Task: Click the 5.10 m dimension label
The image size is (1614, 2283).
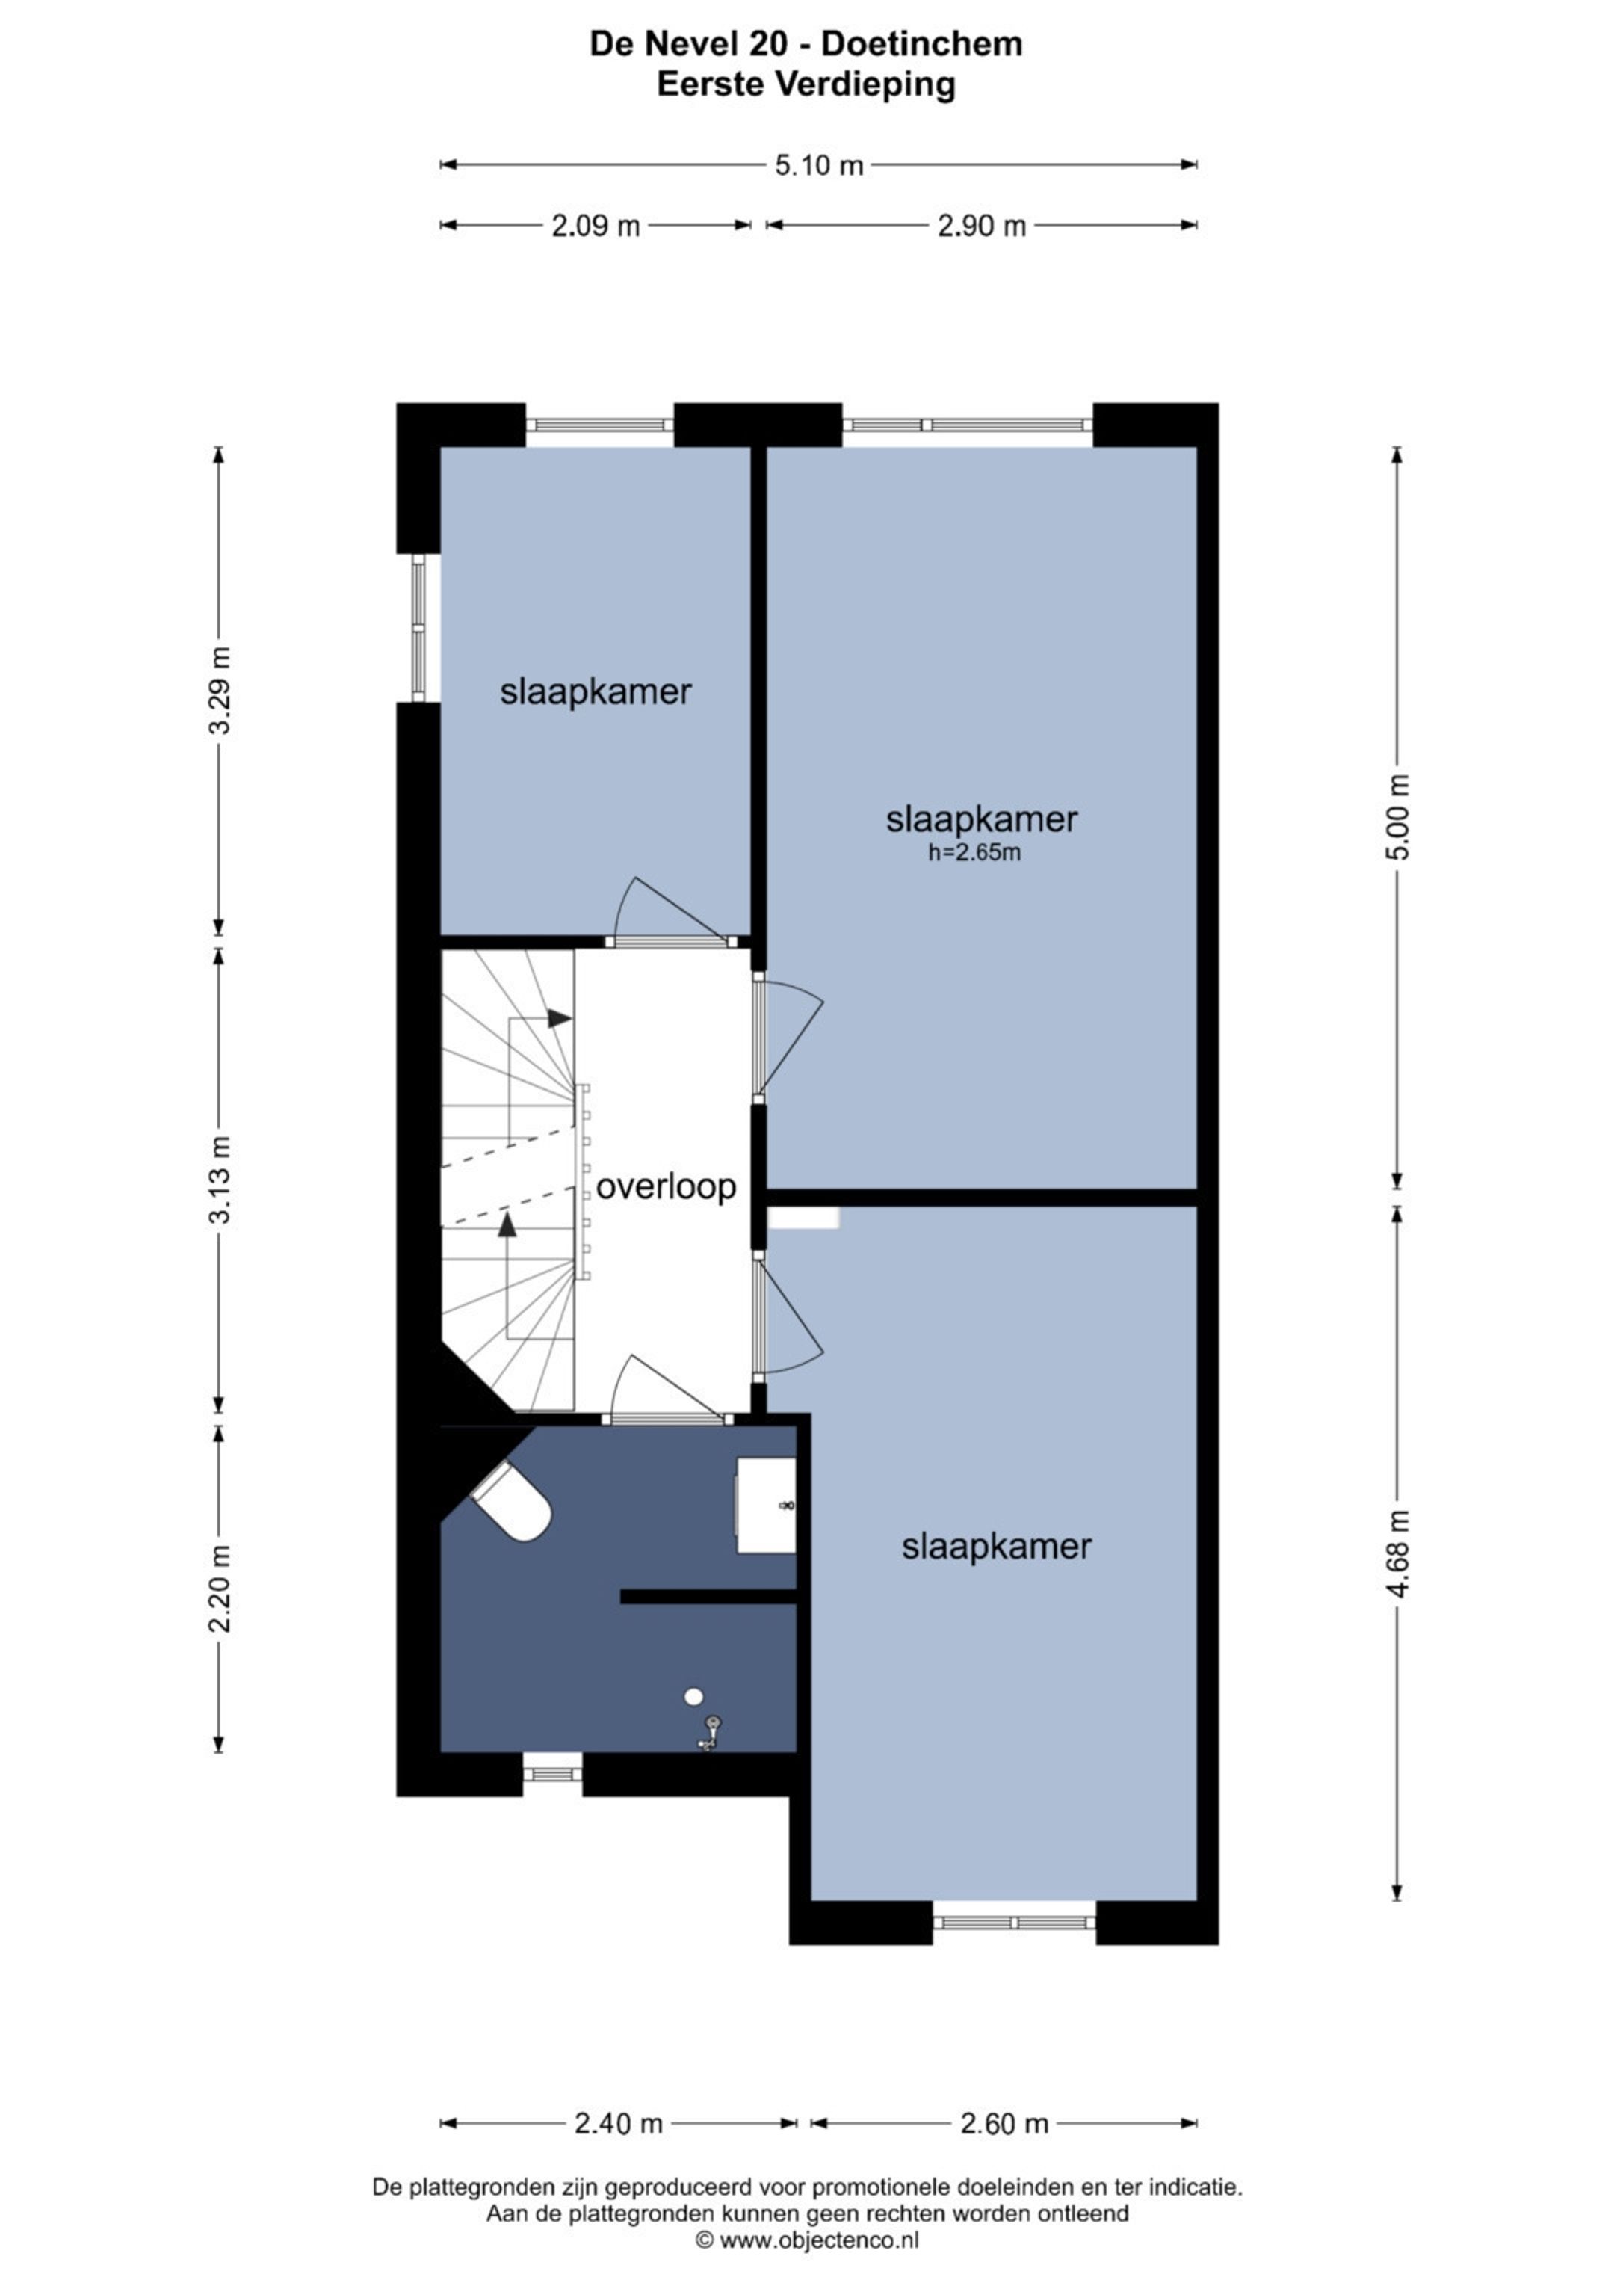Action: (819, 165)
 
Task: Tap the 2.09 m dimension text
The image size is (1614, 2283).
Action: (596, 226)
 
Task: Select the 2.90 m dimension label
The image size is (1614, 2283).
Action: (981, 226)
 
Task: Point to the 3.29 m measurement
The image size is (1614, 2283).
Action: (220, 690)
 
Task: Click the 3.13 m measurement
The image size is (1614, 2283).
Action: (220, 1180)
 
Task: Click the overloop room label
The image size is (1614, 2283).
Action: (666, 1186)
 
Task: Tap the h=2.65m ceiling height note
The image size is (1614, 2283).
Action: (974, 852)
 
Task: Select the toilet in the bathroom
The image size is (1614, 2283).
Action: (514, 1503)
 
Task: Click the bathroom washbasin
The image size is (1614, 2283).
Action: (765, 1506)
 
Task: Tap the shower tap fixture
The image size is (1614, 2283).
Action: (710, 1732)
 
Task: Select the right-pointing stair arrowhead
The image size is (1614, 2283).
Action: (560, 1018)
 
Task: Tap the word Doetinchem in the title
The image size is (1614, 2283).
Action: (922, 44)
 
